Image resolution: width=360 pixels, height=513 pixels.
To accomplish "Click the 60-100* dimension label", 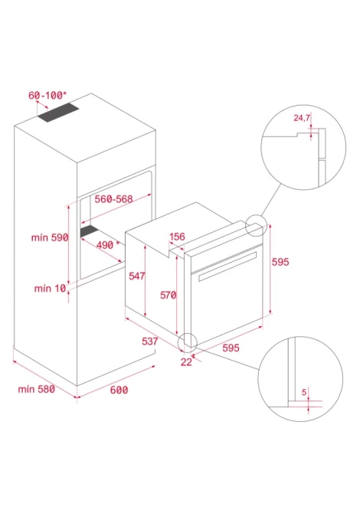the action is (47, 95).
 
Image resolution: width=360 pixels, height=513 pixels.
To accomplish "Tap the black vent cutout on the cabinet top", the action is (58, 113).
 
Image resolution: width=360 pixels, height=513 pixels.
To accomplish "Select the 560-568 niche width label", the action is (114, 199).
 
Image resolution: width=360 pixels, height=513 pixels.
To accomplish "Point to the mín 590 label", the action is (50, 237).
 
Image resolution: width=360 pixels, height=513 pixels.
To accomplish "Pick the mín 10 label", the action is (50, 288).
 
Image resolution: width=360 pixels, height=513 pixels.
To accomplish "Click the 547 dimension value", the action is (137, 276).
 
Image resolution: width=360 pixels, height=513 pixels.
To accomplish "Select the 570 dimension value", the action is (169, 295).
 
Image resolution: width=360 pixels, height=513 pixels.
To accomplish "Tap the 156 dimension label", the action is (177, 237).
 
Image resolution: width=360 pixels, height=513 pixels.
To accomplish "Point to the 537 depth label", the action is (150, 341).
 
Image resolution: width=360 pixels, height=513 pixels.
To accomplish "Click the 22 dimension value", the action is (186, 362).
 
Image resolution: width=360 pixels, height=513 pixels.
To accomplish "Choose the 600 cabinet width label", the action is (119, 390).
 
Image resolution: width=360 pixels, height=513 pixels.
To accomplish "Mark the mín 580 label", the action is (36, 389).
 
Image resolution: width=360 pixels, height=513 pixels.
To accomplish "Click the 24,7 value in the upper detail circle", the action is (302, 118).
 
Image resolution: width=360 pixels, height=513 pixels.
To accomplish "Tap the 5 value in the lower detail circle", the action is (304, 392).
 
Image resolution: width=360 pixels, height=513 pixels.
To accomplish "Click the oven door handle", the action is (227, 266).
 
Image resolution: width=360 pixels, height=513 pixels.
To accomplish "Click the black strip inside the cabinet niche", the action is (90, 230).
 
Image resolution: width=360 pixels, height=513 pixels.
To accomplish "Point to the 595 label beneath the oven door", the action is (231, 348).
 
